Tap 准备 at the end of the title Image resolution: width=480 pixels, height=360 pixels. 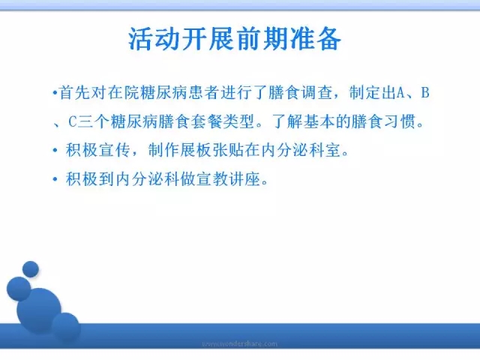(x=316, y=39)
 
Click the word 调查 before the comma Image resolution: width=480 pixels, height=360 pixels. (x=316, y=92)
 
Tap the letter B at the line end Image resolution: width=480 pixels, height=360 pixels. (x=425, y=92)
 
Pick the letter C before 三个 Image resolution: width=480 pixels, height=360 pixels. (x=72, y=121)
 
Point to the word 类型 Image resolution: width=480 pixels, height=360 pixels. (x=238, y=121)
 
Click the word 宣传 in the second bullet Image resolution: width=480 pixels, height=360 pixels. (x=115, y=150)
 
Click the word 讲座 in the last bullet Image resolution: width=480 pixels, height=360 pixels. (x=244, y=178)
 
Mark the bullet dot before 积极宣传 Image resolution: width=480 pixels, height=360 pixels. (x=55, y=150)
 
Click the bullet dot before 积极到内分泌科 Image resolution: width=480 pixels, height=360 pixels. (x=55, y=179)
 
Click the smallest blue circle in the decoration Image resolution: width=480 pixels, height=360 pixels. (x=31, y=269)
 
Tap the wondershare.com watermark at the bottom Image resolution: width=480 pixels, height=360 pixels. (x=240, y=343)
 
